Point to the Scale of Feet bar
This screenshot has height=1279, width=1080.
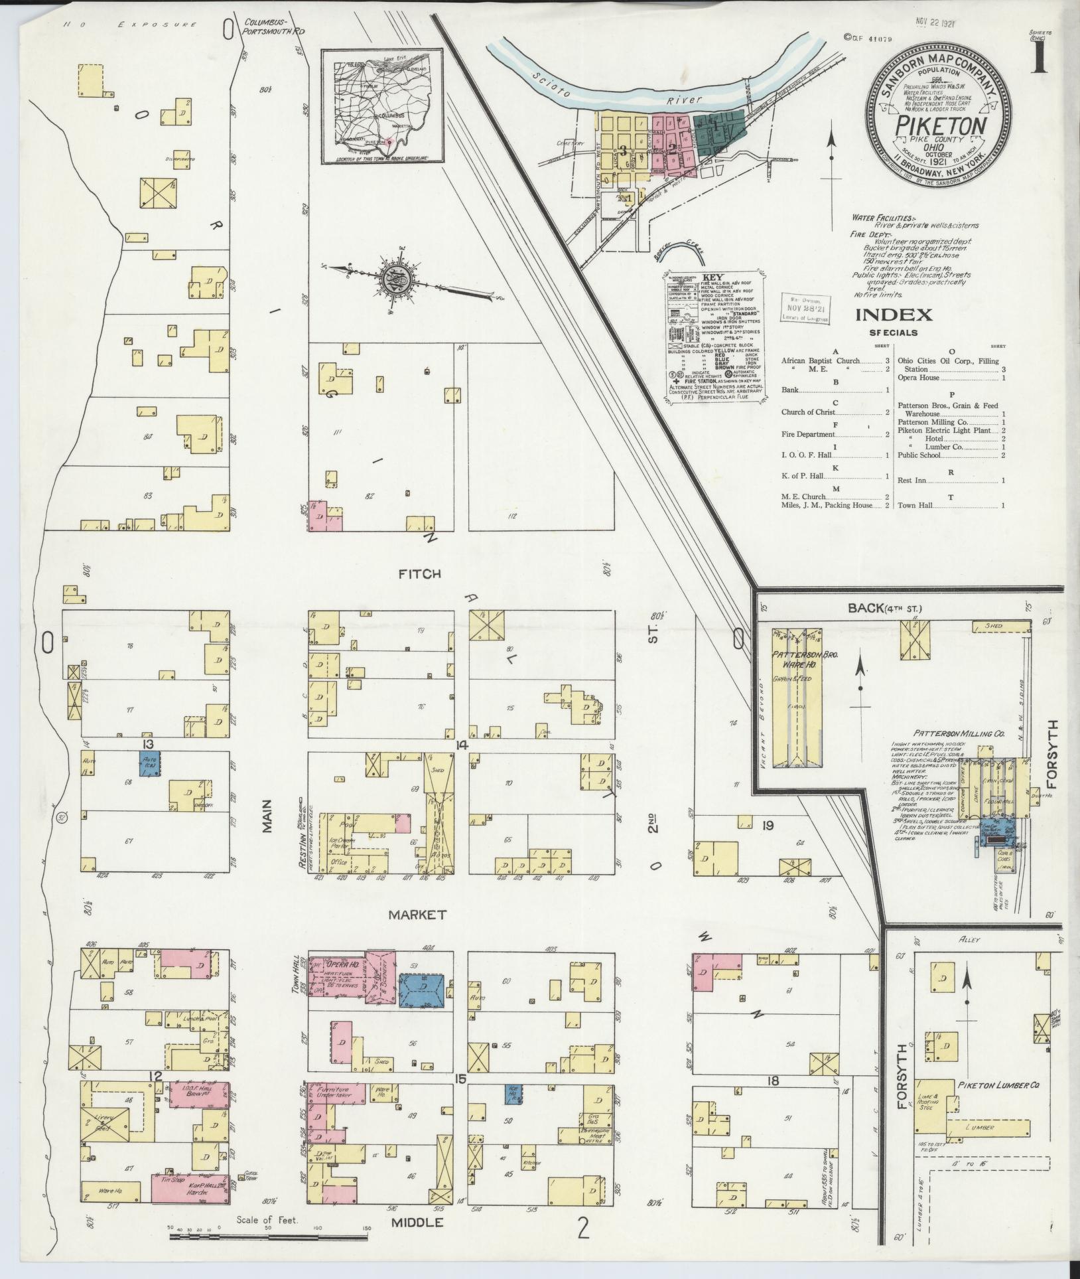(269, 1236)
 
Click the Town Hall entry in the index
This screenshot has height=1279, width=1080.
(915, 505)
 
